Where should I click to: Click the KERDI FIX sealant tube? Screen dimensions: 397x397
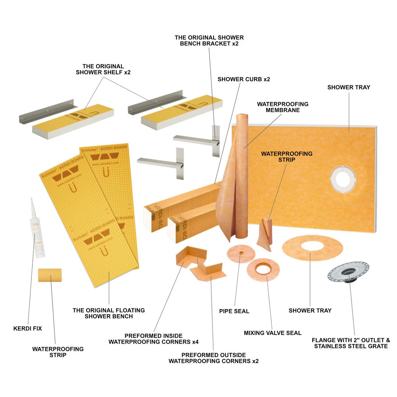tap(37, 229)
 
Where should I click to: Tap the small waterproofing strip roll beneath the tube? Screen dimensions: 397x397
tap(50, 275)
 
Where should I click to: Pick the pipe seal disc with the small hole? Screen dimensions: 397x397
tap(241, 253)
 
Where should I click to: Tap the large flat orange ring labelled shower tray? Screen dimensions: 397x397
tap(312, 248)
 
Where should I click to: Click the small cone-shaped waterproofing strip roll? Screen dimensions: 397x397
tap(265, 234)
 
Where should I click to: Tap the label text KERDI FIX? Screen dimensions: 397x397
tap(27, 328)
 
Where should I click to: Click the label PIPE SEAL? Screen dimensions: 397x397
tap(234, 311)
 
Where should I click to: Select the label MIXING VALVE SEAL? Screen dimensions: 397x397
tap(272, 333)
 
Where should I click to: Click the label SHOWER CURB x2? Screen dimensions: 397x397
tap(244, 79)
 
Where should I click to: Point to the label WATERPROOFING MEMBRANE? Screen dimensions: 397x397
tap(283, 107)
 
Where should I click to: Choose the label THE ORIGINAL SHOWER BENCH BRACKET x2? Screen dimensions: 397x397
tap(209, 41)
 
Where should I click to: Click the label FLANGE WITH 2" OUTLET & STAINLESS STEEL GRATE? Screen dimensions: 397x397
tap(351, 343)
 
